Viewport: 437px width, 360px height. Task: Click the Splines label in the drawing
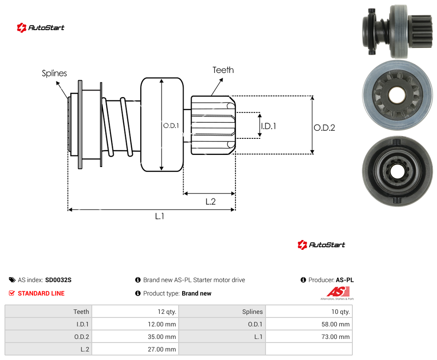coord(54,73)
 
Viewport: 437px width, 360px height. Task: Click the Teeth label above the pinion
coord(223,70)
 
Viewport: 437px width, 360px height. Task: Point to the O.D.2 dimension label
coord(325,128)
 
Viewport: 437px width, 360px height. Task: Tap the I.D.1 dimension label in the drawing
coord(269,126)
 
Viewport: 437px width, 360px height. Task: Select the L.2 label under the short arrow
coord(211,201)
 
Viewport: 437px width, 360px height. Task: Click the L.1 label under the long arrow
coord(160,216)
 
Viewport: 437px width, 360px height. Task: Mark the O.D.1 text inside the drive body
coord(171,126)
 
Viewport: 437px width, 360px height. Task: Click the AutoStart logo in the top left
coord(41,28)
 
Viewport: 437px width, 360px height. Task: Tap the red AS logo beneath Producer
coord(338,293)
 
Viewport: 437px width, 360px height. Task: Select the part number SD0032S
coord(58,280)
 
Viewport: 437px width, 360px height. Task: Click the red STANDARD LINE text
coord(41,293)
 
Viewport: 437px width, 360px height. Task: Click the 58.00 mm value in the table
coord(335,324)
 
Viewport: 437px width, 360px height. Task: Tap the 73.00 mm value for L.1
coord(335,337)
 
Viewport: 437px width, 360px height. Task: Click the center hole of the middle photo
coord(397,95)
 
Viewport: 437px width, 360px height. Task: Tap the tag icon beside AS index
coord(12,280)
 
